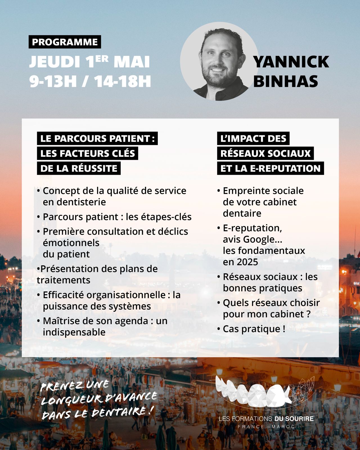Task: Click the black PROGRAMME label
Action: click(x=65, y=42)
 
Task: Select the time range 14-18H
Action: click(x=122, y=81)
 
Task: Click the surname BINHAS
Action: click(x=285, y=81)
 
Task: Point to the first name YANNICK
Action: click(x=291, y=62)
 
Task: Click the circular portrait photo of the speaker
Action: click(x=219, y=61)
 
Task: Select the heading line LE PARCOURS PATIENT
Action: click(x=97, y=138)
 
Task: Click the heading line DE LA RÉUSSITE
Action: click(x=79, y=168)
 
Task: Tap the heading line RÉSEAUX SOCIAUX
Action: click(x=265, y=153)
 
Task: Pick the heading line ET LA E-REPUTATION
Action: click(x=270, y=168)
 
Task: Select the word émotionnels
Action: click(x=71, y=243)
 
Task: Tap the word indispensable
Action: click(x=74, y=332)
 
